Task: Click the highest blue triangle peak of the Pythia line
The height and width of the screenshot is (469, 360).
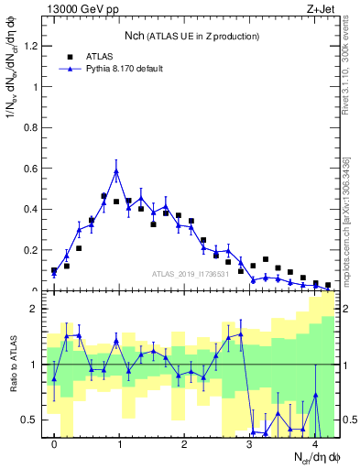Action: (x=116, y=171)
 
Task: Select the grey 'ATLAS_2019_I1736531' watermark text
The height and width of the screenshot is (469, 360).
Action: (x=191, y=274)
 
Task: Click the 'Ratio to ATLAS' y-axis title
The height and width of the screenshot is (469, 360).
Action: (x=12, y=365)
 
